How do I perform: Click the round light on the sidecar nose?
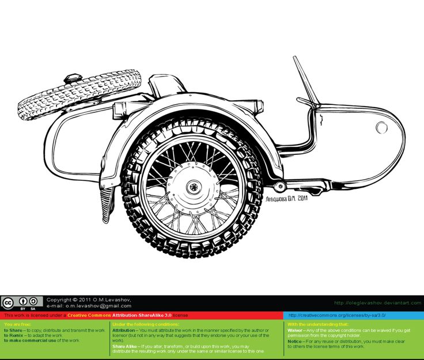[381, 127]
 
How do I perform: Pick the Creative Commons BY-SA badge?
[22, 302]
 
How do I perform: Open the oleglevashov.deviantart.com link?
[377, 303]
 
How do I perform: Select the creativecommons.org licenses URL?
[336, 316]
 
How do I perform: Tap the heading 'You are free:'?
[17, 324]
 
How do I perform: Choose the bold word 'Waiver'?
[296, 330]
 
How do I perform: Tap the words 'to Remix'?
[14, 335]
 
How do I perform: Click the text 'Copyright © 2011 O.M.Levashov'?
[89, 300]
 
